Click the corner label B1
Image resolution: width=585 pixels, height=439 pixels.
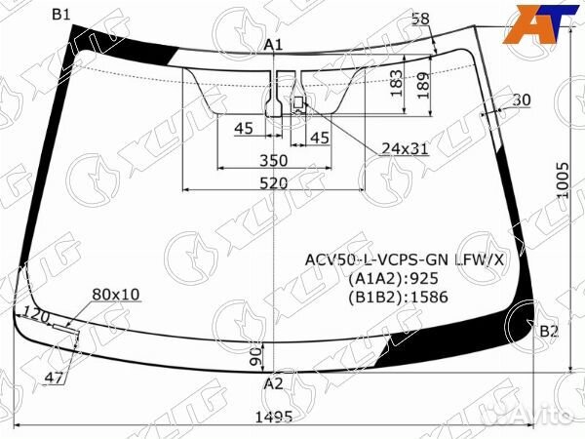tap(60, 14)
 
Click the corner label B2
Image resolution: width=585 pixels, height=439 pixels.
tap(549, 332)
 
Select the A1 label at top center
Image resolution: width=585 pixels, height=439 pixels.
tap(273, 45)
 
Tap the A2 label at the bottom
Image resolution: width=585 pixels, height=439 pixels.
tap(273, 383)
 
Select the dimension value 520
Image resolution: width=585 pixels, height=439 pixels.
tap(273, 183)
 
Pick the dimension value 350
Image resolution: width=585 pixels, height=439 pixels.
tap(273, 160)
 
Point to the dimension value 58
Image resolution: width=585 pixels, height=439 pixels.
tap(420, 19)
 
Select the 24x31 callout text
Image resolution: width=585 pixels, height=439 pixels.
tap(405, 148)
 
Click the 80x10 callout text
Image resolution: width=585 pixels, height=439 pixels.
tap(116, 294)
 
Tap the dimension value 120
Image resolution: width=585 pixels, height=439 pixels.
tap(37, 315)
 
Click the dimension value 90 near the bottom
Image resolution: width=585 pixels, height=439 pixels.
tap(255, 357)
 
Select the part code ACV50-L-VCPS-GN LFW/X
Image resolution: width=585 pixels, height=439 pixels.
tap(405, 259)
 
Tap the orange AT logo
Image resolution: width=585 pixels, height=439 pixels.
tap(538, 24)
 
